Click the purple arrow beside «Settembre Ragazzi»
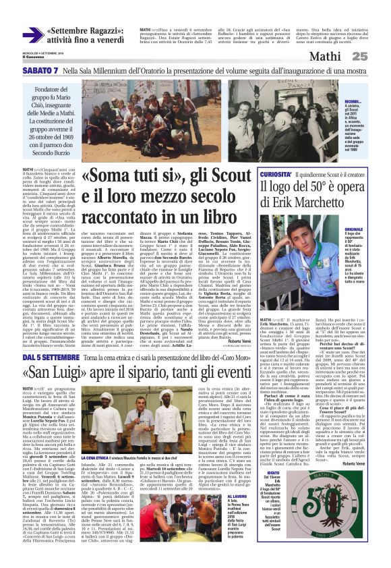pos(32,36)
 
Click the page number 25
pos(378,57)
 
